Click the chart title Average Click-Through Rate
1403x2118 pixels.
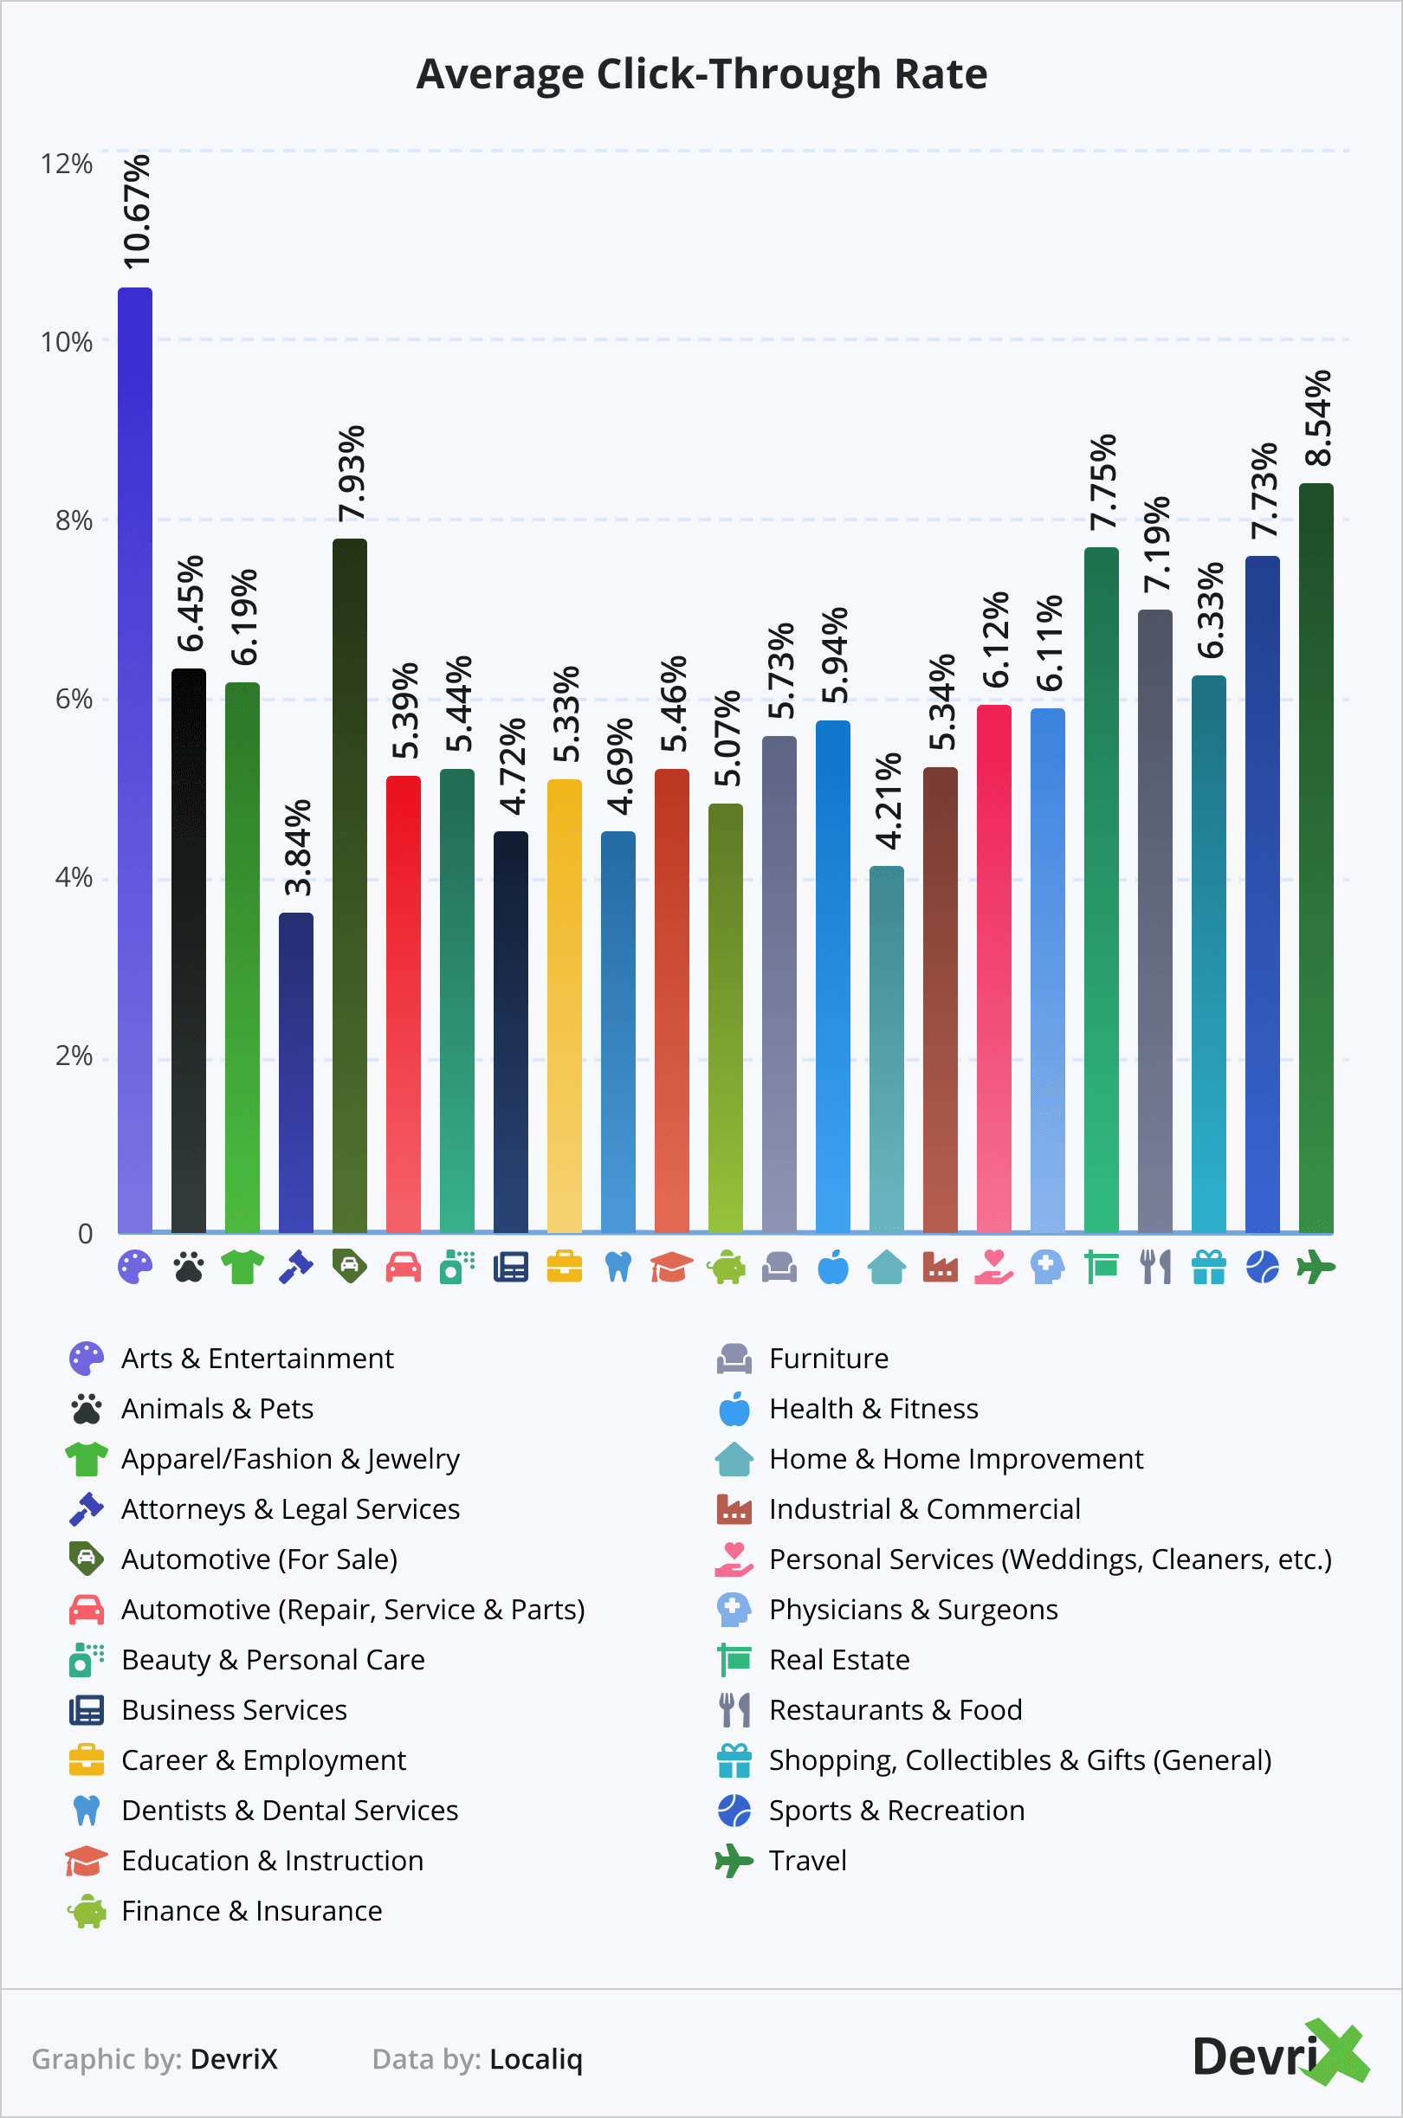coord(701,74)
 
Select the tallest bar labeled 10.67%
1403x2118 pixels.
coord(135,760)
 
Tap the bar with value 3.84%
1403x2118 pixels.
coord(296,1074)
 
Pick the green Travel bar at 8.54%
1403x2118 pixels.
coord(1316,859)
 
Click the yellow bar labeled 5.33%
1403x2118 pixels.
coord(565,1006)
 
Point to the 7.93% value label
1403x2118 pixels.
coord(351,473)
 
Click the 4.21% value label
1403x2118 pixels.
coord(888,800)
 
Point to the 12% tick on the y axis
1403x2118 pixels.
coord(66,164)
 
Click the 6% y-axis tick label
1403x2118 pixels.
coord(74,699)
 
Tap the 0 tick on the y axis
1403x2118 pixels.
coord(85,1234)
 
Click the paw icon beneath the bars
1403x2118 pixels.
coord(189,1268)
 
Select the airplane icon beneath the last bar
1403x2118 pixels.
coord(1316,1268)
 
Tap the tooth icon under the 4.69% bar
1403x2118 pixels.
coord(618,1268)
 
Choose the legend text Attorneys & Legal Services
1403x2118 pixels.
coord(290,1509)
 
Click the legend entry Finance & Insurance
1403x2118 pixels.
coord(251,1910)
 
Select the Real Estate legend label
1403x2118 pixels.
coord(838,1659)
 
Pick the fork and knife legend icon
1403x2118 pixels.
coord(734,1709)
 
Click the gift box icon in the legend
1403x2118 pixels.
coord(734,1760)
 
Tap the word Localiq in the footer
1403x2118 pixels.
coord(535,2059)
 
